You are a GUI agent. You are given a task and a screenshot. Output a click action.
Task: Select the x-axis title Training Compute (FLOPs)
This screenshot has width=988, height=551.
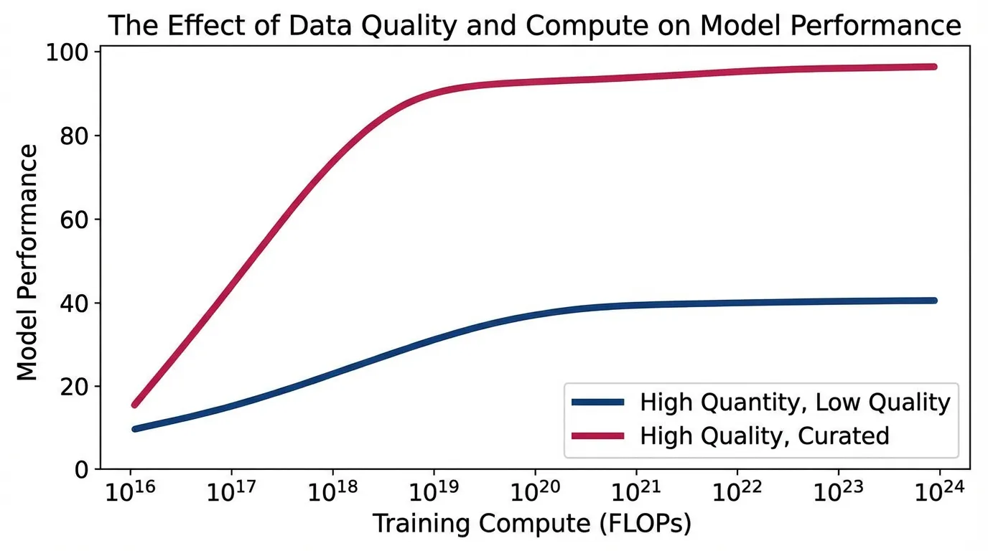(x=531, y=524)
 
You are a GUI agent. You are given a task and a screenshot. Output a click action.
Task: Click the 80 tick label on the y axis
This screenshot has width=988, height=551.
(x=75, y=136)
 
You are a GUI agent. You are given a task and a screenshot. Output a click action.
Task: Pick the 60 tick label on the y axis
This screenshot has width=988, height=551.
(x=75, y=220)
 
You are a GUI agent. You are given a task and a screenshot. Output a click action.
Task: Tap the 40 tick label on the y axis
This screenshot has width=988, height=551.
(x=75, y=303)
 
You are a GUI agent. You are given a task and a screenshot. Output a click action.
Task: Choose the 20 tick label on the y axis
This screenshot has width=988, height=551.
(x=75, y=387)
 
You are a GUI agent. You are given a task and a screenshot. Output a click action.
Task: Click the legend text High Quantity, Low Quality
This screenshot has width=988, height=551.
(x=795, y=402)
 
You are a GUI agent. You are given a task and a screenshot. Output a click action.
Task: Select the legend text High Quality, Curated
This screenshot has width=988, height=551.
(x=765, y=435)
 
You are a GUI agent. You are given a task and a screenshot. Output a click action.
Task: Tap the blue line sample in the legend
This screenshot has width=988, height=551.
(x=598, y=402)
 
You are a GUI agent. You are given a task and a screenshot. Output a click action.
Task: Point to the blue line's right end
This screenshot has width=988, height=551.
(x=934, y=300)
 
